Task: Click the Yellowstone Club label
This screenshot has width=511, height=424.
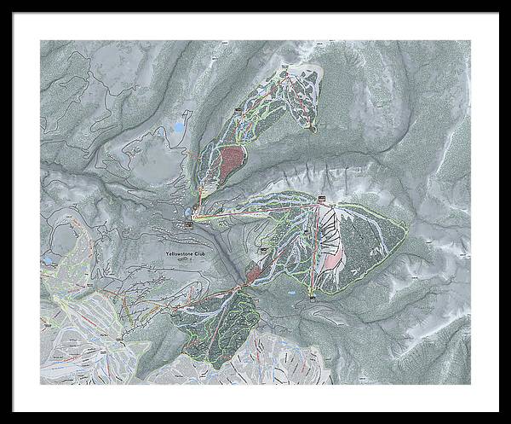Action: click(x=186, y=253)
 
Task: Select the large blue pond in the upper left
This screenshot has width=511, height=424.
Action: click(x=179, y=129)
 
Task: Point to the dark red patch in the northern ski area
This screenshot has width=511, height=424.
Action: click(x=232, y=160)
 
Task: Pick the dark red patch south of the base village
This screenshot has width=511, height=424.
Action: click(x=255, y=273)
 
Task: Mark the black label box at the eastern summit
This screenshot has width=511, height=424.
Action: click(x=322, y=199)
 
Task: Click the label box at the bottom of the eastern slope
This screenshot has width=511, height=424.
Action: click(x=313, y=296)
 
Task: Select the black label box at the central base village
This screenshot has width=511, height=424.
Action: click(x=188, y=224)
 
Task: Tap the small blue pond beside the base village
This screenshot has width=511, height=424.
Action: click(x=186, y=210)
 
